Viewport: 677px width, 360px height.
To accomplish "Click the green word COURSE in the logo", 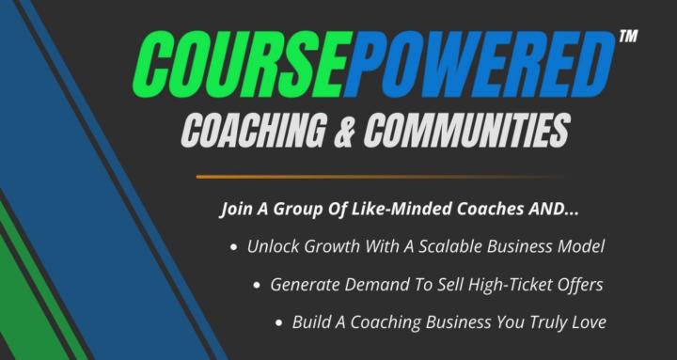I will click(238, 65).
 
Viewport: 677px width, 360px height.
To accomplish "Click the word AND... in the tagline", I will click(547, 208).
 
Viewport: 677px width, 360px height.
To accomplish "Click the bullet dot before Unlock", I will click(233, 247).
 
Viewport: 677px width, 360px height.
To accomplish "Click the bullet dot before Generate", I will click(257, 285).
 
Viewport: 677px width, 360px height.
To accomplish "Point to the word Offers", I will click(578, 284).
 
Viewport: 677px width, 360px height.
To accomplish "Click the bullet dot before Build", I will click(279, 322).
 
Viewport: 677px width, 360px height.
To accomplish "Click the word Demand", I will click(370, 284).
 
